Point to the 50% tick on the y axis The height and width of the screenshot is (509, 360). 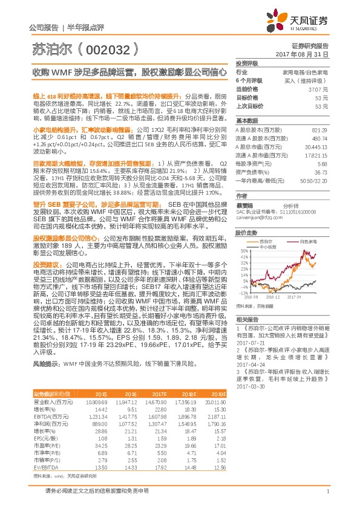tap(244, 250)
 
